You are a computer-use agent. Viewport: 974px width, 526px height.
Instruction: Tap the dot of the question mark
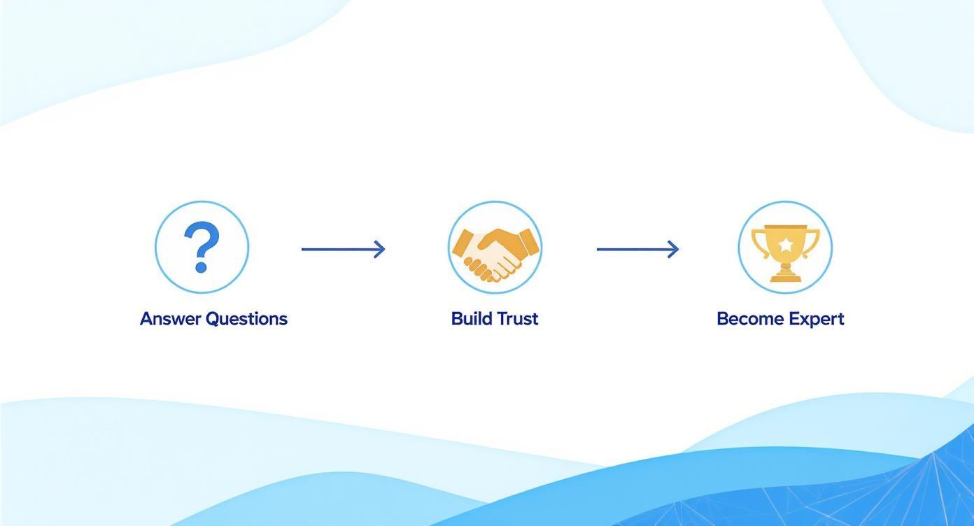point(201,266)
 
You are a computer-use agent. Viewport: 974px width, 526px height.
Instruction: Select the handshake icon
point(495,255)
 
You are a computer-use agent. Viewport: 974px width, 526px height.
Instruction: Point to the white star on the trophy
point(785,246)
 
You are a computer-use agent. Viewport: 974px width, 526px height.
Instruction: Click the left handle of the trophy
point(759,243)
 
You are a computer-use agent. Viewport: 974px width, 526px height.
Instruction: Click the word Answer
point(171,319)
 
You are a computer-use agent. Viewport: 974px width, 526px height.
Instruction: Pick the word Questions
point(246,320)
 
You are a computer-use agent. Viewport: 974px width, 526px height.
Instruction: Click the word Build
point(471,319)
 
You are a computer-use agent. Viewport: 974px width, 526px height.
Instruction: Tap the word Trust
point(517,319)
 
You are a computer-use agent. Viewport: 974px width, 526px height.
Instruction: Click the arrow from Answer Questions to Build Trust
point(344,250)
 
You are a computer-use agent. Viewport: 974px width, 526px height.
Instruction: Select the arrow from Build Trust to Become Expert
point(638,250)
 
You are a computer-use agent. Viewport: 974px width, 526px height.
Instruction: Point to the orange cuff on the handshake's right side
point(528,242)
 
